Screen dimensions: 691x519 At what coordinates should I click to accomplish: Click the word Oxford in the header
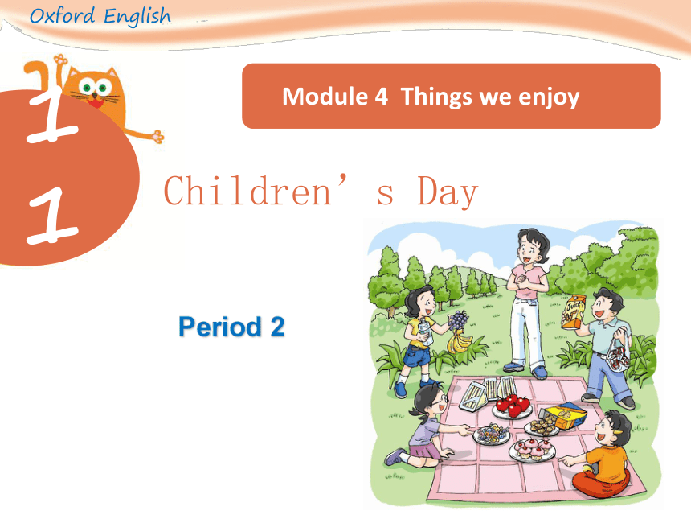62,16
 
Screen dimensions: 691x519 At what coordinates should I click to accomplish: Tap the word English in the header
137,17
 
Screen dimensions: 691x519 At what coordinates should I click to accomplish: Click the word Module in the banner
325,97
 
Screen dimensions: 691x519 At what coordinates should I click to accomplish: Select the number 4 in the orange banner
382,97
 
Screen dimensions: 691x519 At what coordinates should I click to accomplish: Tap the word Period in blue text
220,327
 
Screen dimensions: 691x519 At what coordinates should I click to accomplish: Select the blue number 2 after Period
277,327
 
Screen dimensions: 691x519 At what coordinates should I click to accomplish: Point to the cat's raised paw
60,60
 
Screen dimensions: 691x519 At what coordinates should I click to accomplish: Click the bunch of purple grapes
458,319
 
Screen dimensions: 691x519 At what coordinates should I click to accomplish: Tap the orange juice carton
573,311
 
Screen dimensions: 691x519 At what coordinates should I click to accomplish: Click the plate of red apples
512,407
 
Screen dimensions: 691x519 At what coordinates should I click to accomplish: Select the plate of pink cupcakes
533,449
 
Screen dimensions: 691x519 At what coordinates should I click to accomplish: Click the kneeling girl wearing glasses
426,426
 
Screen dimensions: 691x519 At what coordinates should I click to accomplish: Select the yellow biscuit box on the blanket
564,415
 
